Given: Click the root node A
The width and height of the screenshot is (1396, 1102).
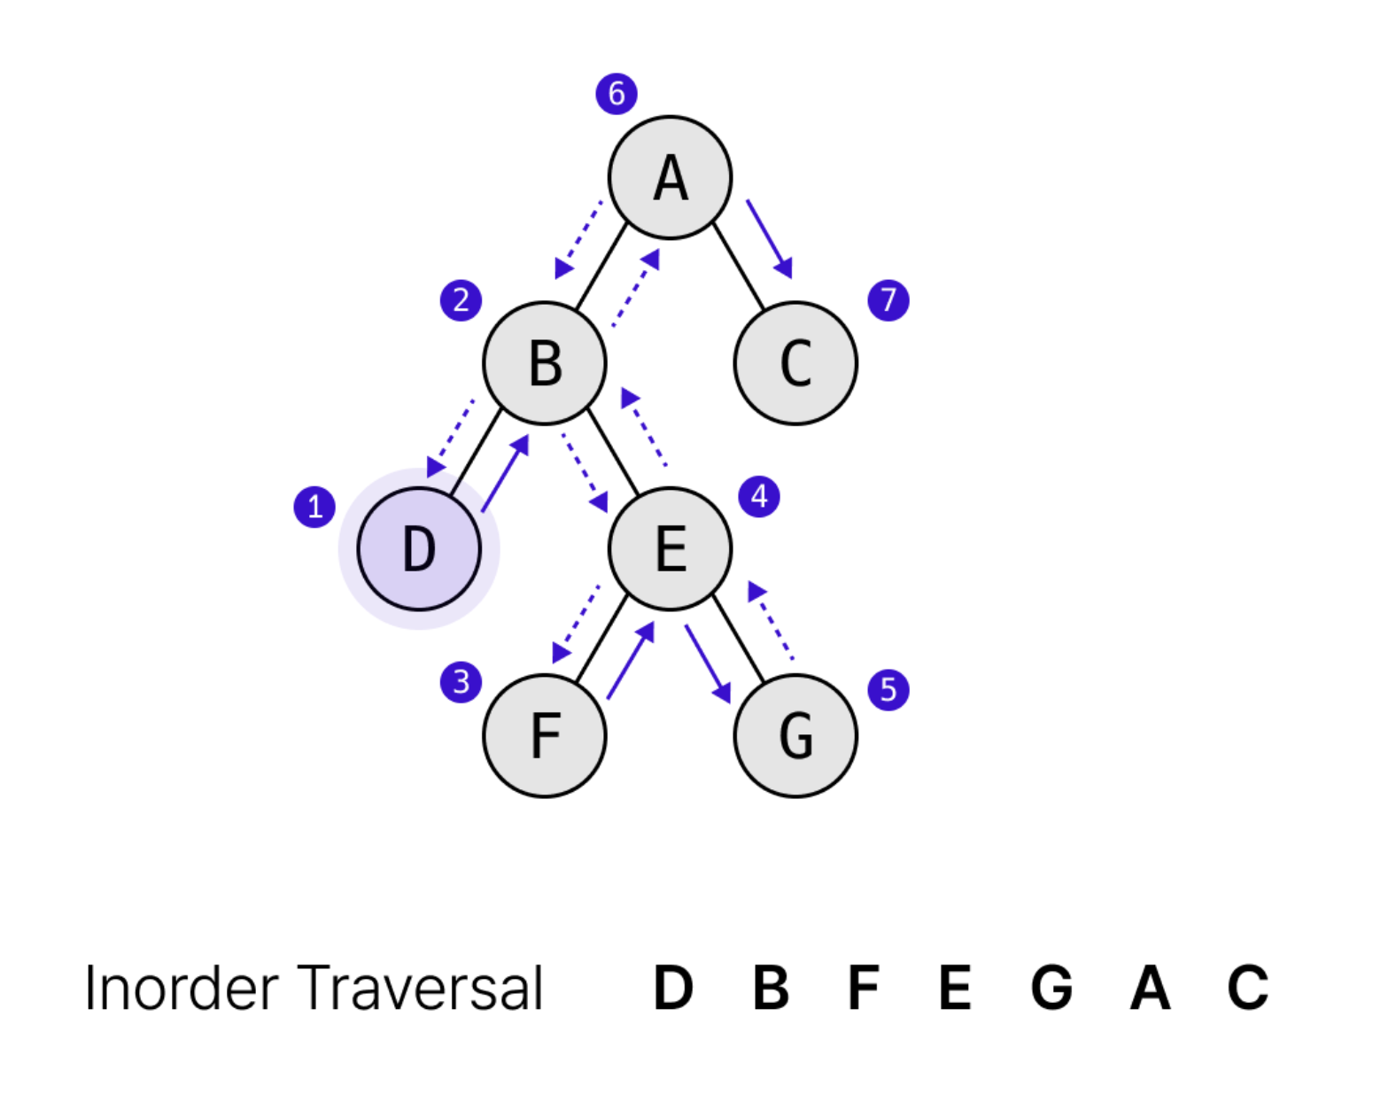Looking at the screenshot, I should tap(670, 177).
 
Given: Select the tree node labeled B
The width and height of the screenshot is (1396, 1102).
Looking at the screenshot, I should tap(544, 363).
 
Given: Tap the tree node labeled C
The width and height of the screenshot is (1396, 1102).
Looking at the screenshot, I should tap(795, 363).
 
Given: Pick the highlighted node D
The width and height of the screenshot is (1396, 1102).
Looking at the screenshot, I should tap(419, 549).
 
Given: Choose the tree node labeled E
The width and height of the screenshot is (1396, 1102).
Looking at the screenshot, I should tap(670, 549).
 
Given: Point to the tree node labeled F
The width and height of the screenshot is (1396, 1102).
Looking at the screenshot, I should tap(544, 735).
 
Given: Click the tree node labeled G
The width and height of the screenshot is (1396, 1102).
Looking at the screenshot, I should tap(795, 735).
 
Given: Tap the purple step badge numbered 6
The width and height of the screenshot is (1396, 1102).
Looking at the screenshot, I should tap(617, 93).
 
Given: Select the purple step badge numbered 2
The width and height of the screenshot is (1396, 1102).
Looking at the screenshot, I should tap(461, 300).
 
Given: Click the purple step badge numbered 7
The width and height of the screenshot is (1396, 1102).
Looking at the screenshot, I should tap(888, 300).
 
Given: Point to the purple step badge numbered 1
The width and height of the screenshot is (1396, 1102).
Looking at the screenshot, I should tap(314, 507).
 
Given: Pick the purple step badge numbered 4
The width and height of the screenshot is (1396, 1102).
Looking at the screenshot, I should tap(759, 496).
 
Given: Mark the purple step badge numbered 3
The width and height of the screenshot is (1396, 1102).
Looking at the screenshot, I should tap(461, 682).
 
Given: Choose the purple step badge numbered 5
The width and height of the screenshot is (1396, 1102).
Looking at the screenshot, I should tap(888, 690).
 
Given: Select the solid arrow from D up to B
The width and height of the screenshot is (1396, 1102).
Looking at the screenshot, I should tap(505, 473).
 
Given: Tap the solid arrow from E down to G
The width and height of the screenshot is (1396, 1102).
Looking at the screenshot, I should tap(708, 664).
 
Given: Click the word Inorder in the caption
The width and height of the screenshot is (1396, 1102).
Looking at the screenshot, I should tap(181, 989).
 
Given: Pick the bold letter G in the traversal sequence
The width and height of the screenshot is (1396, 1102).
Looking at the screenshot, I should tap(1051, 988).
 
